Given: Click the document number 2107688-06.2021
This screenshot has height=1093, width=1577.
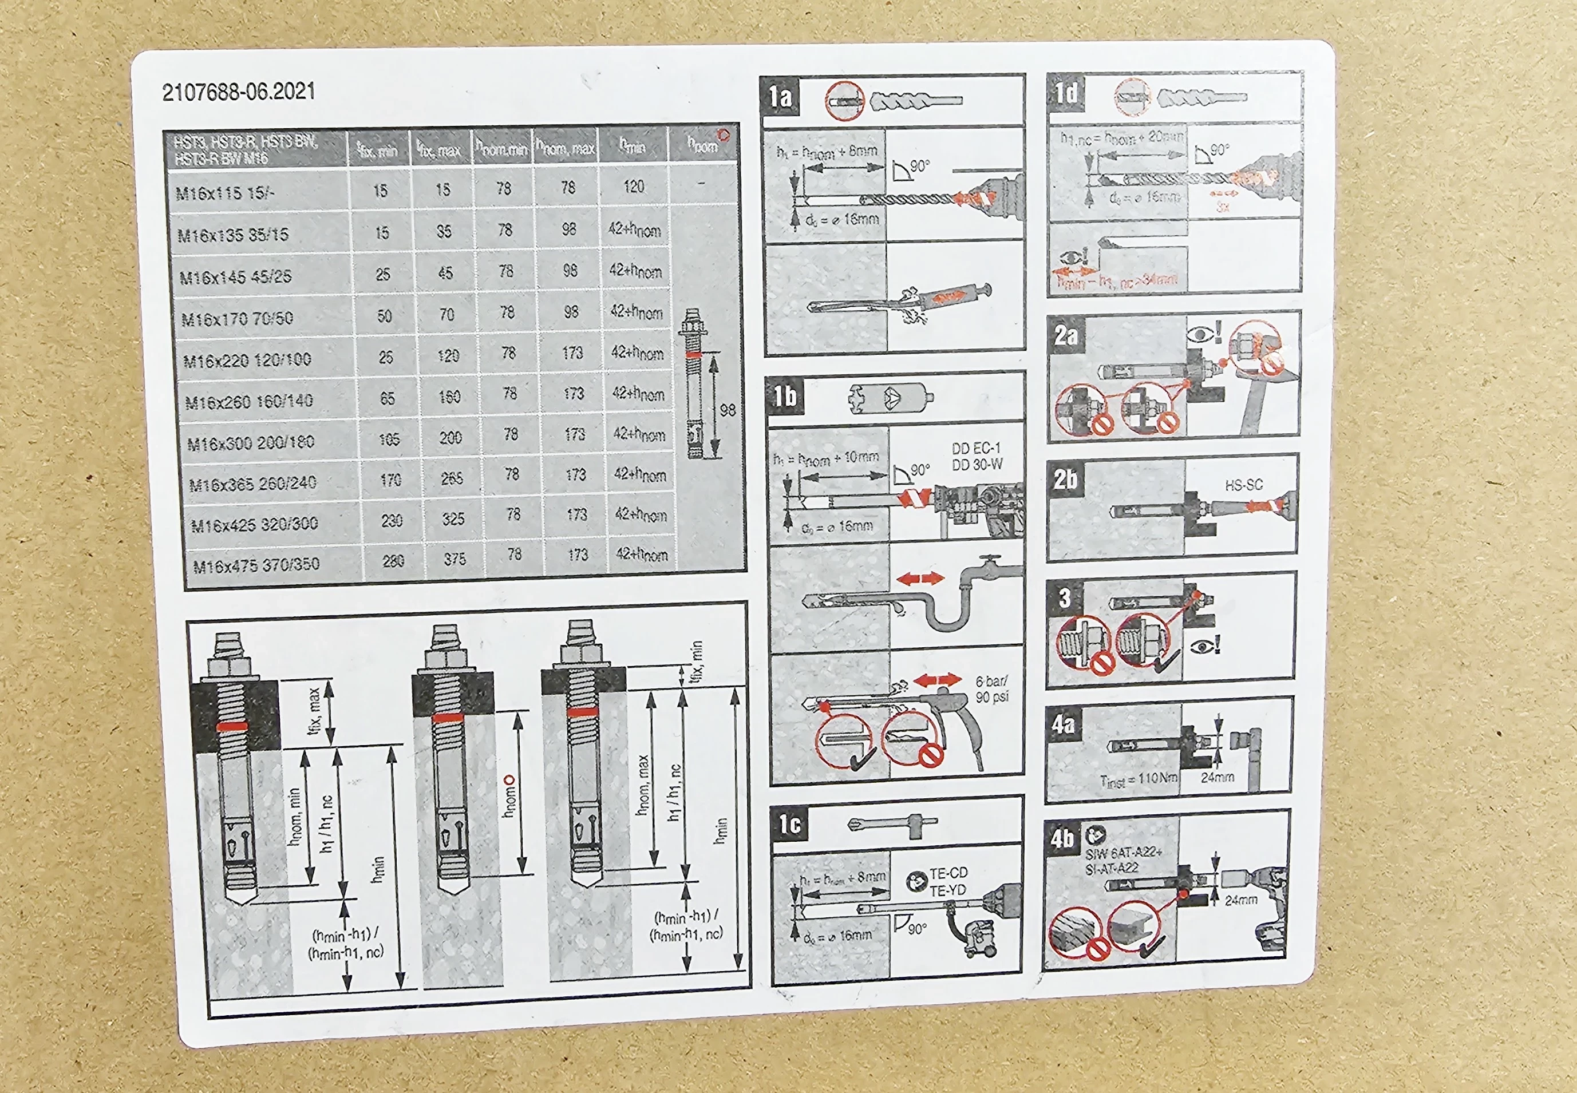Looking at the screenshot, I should tap(238, 92).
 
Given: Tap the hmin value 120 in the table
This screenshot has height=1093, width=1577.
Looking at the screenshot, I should tap(634, 187).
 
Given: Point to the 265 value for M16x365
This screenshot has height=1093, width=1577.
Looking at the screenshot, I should tap(452, 478).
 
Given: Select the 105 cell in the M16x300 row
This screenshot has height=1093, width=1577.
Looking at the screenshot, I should tap(389, 439).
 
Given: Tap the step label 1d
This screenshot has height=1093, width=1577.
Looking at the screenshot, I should tap(1066, 93).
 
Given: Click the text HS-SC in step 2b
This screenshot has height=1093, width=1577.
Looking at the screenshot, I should tap(1243, 485).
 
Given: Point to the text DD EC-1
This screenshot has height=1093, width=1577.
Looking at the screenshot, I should tap(976, 449).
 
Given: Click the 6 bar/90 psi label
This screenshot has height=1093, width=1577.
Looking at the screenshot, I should tap(991, 689).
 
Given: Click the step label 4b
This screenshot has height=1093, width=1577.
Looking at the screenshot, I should tap(1062, 838).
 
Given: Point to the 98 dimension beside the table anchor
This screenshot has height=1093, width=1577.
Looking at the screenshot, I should tap(728, 410).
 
